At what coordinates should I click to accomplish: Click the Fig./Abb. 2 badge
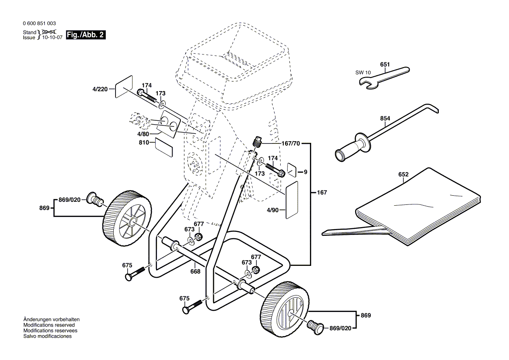(85, 35)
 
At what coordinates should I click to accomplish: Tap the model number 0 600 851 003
(39, 24)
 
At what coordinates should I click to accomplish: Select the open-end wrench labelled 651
(383, 77)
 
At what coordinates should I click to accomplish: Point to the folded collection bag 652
(418, 205)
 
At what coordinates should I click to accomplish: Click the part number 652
(403, 175)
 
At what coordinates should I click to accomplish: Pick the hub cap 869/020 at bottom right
(316, 326)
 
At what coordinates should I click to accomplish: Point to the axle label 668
(195, 272)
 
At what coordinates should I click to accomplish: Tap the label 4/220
(100, 89)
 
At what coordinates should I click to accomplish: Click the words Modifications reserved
(49, 325)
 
